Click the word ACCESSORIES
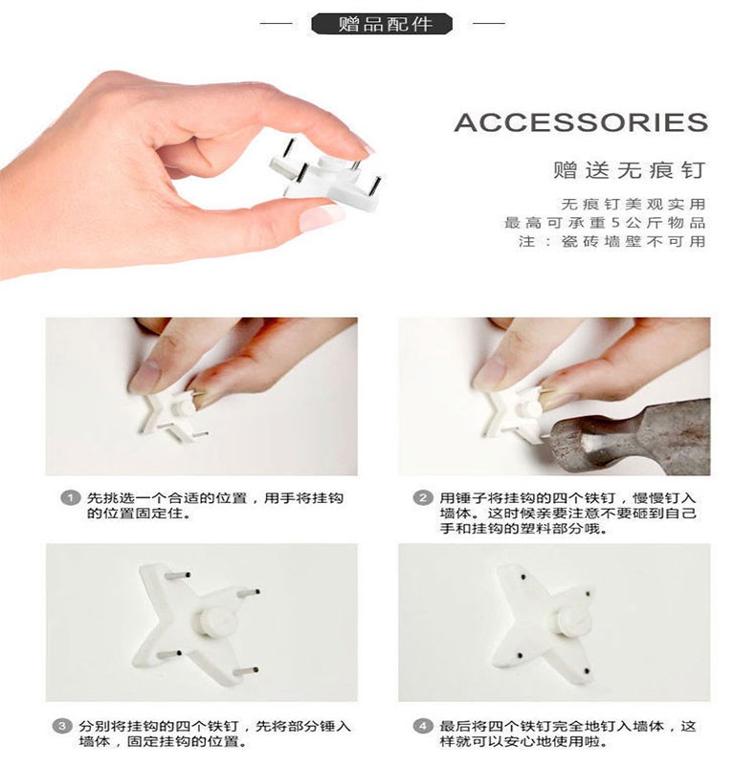(x=581, y=122)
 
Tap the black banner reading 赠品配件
(x=382, y=24)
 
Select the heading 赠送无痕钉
(x=630, y=170)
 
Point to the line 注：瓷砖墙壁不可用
(x=612, y=241)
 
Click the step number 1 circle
(x=71, y=498)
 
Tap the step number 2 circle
(x=423, y=498)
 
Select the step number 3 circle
(x=62, y=726)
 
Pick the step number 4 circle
(x=423, y=726)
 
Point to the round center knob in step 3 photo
(x=217, y=622)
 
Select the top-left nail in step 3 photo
(x=177, y=576)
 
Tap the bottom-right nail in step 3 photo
(x=246, y=671)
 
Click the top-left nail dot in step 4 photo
(x=523, y=577)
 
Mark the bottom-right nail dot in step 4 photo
(x=587, y=672)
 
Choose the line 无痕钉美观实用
(x=633, y=205)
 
